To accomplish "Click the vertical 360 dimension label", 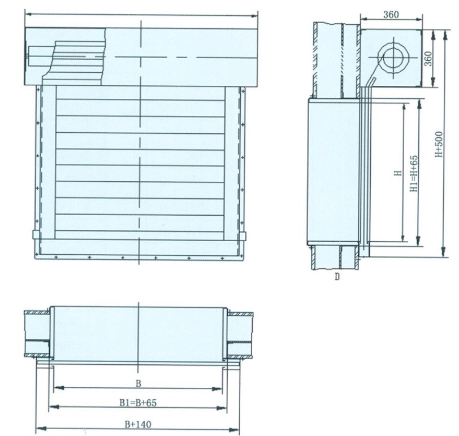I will coord(428,58).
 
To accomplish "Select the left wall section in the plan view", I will coord(37,334).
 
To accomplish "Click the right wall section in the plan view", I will coord(240,334).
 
